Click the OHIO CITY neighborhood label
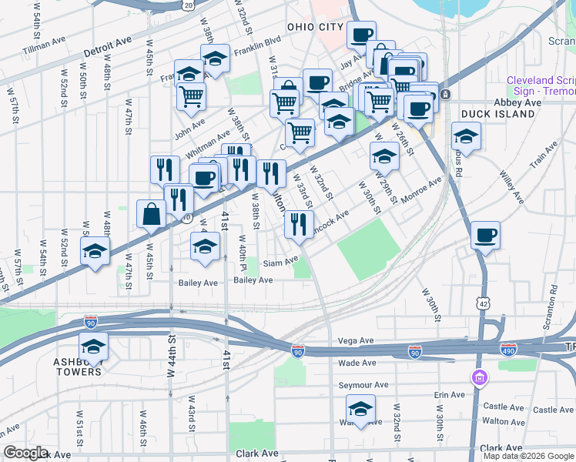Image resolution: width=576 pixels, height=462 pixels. coord(314,27)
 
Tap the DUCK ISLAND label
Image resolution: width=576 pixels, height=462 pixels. coord(497,114)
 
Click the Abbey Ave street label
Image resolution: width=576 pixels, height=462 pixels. coord(517,102)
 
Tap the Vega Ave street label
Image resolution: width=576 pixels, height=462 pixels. coord(355,340)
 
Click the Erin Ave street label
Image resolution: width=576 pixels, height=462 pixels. coord(450,395)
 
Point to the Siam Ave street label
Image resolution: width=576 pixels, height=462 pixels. coord(280,262)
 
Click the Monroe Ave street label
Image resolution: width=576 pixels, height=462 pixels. coord(420,189)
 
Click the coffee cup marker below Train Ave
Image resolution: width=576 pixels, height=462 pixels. coord(484,234)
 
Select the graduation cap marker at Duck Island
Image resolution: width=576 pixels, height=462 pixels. coord(466,136)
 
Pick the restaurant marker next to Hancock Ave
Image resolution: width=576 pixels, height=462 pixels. coord(298,224)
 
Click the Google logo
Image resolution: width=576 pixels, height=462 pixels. coord(25,453)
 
